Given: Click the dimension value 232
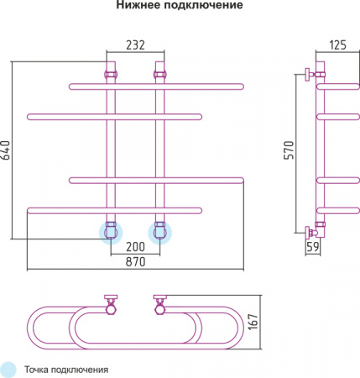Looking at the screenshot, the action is coord(135,45).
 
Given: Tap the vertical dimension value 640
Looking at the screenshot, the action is coord(6,150).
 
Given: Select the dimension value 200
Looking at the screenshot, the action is coord(135,247).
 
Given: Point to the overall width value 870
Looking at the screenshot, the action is coord(135,262).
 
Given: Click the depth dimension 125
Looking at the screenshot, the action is coord(337,45).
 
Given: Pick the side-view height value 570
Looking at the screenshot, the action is coord(290,150).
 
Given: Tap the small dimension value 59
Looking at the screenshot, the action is coord(313,247).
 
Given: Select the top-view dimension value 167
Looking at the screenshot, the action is coord(253,322).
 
